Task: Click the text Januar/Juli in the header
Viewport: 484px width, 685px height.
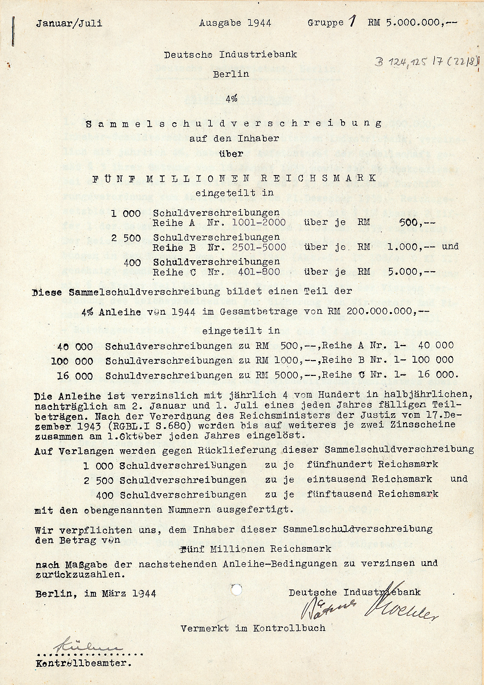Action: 69,23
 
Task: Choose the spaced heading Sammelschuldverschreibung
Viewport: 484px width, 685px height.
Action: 234,124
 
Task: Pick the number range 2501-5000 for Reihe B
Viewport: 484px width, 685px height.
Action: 258,247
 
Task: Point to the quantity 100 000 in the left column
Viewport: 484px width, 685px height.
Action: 72,360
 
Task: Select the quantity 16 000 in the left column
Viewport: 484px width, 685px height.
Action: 75,376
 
